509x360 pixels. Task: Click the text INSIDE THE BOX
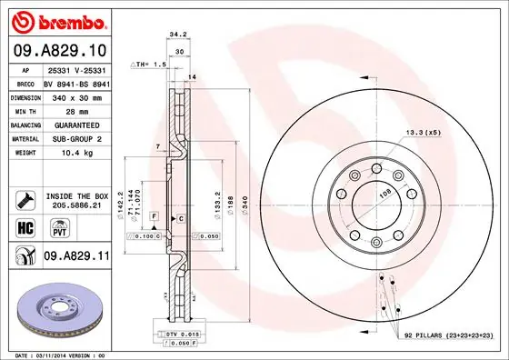pyautogui.click(x=76, y=195)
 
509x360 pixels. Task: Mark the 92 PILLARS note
pyautogui.click(x=446, y=336)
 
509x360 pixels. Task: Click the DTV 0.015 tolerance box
pyautogui.click(x=185, y=335)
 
